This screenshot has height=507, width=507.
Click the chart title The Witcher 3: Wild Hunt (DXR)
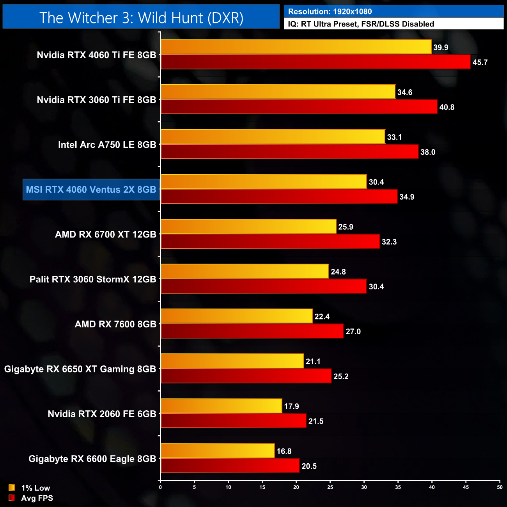pyautogui.click(x=141, y=18)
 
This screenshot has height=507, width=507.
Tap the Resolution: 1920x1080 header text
pyautogui.click(x=330, y=11)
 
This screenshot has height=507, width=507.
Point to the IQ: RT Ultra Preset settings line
pyautogui.click(x=361, y=24)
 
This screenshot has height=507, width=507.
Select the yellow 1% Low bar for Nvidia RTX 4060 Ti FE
pyautogui.click(x=296, y=47)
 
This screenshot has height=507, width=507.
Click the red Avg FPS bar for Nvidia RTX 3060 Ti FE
pyautogui.click(x=299, y=107)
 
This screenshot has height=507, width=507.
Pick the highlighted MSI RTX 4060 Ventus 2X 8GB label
pyautogui.click(x=91, y=190)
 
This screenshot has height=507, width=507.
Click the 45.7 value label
pyautogui.click(x=480, y=62)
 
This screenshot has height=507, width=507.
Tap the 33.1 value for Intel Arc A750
pyautogui.click(x=394, y=137)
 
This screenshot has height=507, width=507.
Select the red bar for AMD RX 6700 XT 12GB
pyautogui.click(x=270, y=241)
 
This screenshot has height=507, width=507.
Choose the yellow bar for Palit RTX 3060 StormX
pyautogui.click(x=245, y=271)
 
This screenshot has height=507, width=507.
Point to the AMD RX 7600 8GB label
pyautogui.click(x=115, y=324)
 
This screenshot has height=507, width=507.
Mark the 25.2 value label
pyautogui.click(x=341, y=376)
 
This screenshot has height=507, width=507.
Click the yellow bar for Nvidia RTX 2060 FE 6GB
pyautogui.click(x=221, y=406)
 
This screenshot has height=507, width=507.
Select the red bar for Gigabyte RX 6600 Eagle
pyautogui.click(x=230, y=466)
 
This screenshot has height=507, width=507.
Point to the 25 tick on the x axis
pyautogui.click(x=330, y=487)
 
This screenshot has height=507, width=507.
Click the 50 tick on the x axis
pyautogui.click(x=500, y=487)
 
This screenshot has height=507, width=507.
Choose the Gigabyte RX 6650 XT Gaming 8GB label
pyautogui.click(x=80, y=369)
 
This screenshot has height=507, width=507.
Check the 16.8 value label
pyautogui.click(x=284, y=451)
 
